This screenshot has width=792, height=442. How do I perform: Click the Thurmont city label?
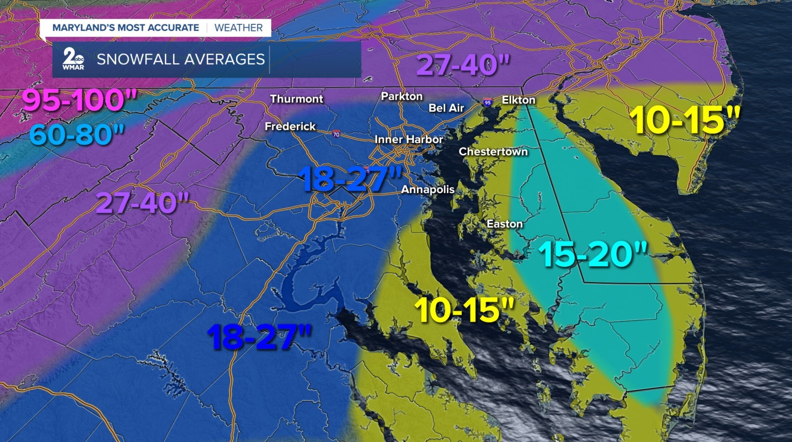click(296, 99)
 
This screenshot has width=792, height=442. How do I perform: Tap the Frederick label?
click(290, 126)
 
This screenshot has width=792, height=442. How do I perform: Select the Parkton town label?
click(402, 96)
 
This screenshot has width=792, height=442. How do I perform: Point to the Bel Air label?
click(446, 108)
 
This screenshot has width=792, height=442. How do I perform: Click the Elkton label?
click(519, 100)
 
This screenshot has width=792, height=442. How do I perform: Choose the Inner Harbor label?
click(409, 139)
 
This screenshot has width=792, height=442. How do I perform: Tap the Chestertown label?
click(493, 152)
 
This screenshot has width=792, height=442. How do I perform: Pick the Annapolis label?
click(428, 189)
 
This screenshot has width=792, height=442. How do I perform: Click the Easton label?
click(505, 224)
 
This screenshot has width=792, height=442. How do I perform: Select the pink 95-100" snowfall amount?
click(80, 101)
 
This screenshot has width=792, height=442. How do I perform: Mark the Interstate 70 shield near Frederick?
click(336, 134)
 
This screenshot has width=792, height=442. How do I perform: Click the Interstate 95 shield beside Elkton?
click(488, 102)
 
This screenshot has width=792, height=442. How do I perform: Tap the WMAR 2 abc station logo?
click(73, 59)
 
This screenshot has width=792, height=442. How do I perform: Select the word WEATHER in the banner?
click(239, 28)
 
